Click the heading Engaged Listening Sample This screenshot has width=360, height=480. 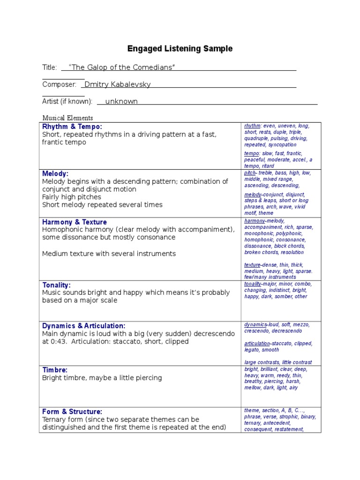[x=180, y=49]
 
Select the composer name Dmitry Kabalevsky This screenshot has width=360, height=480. [x=117, y=84]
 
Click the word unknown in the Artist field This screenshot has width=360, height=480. [x=121, y=101]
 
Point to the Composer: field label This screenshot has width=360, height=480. [x=59, y=84]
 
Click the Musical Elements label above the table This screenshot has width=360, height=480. [x=67, y=118]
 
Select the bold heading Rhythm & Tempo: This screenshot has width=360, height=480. [x=72, y=127]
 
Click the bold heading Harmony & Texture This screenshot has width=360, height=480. [x=74, y=222]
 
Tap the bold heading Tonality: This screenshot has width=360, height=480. [x=56, y=285]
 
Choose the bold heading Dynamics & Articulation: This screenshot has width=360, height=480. [x=83, y=325]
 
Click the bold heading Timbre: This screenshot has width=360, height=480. [x=55, y=369]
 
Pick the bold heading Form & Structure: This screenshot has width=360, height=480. [x=72, y=412]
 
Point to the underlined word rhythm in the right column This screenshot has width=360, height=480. [x=252, y=126]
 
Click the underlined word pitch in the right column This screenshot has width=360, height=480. [x=249, y=173]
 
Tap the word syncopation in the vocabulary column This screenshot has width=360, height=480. [x=282, y=145]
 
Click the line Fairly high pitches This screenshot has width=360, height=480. [x=71, y=197]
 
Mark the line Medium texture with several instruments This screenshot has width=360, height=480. [x=109, y=254]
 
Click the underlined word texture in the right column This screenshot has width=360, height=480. [x=252, y=265]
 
